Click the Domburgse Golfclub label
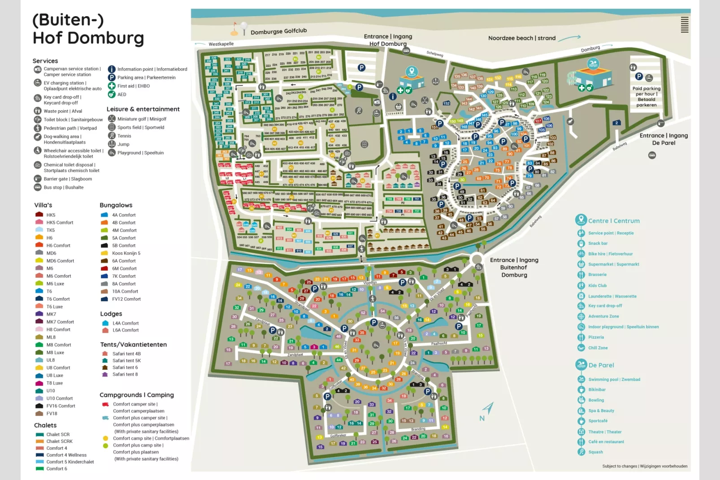click(278, 31)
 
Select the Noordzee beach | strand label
click(521, 38)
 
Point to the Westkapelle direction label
click(221, 44)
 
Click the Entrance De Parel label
click(663, 139)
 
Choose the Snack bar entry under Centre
click(598, 243)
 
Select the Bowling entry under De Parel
click(596, 400)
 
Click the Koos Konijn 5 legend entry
click(126, 253)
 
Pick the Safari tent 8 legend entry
click(125, 374)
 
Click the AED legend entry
click(121, 95)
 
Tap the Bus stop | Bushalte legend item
click(63, 187)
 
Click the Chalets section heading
click(45, 425)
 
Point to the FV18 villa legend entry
click(52, 414)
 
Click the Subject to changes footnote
click(644, 466)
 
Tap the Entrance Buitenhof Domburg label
click(514, 268)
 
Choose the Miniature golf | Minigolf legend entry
click(142, 119)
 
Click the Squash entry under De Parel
click(595, 452)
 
